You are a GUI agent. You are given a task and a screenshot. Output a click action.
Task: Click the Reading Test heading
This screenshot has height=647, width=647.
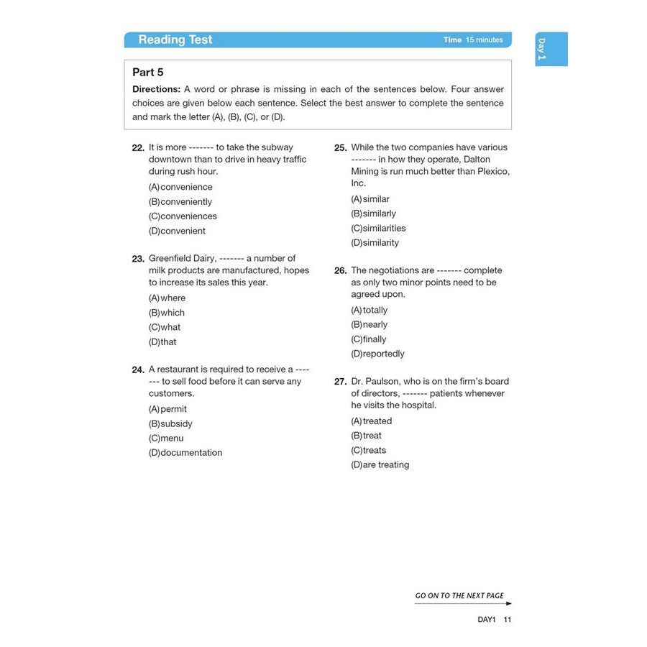(175, 40)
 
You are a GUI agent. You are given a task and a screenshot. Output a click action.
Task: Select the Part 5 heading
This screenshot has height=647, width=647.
(148, 73)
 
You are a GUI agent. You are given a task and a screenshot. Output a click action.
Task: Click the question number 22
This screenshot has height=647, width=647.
(138, 147)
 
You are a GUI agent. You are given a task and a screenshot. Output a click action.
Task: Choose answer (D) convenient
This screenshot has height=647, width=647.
(177, 231)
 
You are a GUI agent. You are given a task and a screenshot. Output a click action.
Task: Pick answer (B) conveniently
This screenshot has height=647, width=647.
(180, 202)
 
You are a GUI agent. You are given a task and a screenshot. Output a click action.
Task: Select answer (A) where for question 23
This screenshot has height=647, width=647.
(167, 298)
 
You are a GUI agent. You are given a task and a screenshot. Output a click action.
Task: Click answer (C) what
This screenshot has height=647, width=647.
(165, 327)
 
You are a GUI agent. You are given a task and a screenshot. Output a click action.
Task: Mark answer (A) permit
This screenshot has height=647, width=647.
(168, 409)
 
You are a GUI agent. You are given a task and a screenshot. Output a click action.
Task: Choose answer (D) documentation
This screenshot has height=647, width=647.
(185, 453)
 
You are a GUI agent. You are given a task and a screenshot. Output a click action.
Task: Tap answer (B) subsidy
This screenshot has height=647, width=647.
(170, 424)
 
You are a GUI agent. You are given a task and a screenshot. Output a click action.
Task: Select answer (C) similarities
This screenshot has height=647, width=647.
(378, 229)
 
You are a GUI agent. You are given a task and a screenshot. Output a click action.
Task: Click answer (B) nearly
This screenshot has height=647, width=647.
(369, 325)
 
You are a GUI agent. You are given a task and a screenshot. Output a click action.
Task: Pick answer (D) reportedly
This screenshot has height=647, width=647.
(377, 354)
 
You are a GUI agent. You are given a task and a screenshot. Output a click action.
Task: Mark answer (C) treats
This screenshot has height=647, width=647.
(368, 451)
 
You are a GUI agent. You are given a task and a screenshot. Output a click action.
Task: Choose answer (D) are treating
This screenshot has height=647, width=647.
(380, 465)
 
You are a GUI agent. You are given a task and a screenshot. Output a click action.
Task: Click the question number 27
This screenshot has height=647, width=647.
(341, 382)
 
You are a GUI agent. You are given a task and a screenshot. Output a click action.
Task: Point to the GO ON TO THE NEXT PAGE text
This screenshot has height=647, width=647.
(459, 596)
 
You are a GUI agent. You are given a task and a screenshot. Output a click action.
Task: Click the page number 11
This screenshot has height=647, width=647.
(508, 620)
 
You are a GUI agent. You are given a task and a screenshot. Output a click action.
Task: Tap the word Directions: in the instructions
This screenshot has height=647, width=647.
(157, 90)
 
